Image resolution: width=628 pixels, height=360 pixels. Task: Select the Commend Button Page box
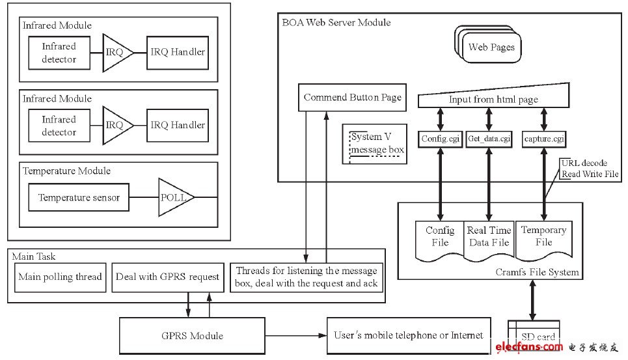[352, 98]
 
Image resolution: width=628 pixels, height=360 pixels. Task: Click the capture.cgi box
[544, 138]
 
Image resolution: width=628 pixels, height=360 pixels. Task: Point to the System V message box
[377, 143]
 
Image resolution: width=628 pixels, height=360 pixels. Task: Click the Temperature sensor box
[79, 197]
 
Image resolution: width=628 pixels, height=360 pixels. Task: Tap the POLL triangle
[172, 197]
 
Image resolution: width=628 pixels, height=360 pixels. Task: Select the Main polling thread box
[60, 277]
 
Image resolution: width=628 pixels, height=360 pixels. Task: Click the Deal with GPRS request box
[167, 277]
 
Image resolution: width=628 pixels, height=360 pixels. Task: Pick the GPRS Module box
[192, 335]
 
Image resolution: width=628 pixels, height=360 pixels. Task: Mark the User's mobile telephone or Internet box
[408, 335]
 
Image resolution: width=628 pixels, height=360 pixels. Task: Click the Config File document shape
[440, 238]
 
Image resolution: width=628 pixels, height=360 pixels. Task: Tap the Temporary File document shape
[543, 238]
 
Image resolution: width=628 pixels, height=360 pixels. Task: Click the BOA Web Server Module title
[336, 22]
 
